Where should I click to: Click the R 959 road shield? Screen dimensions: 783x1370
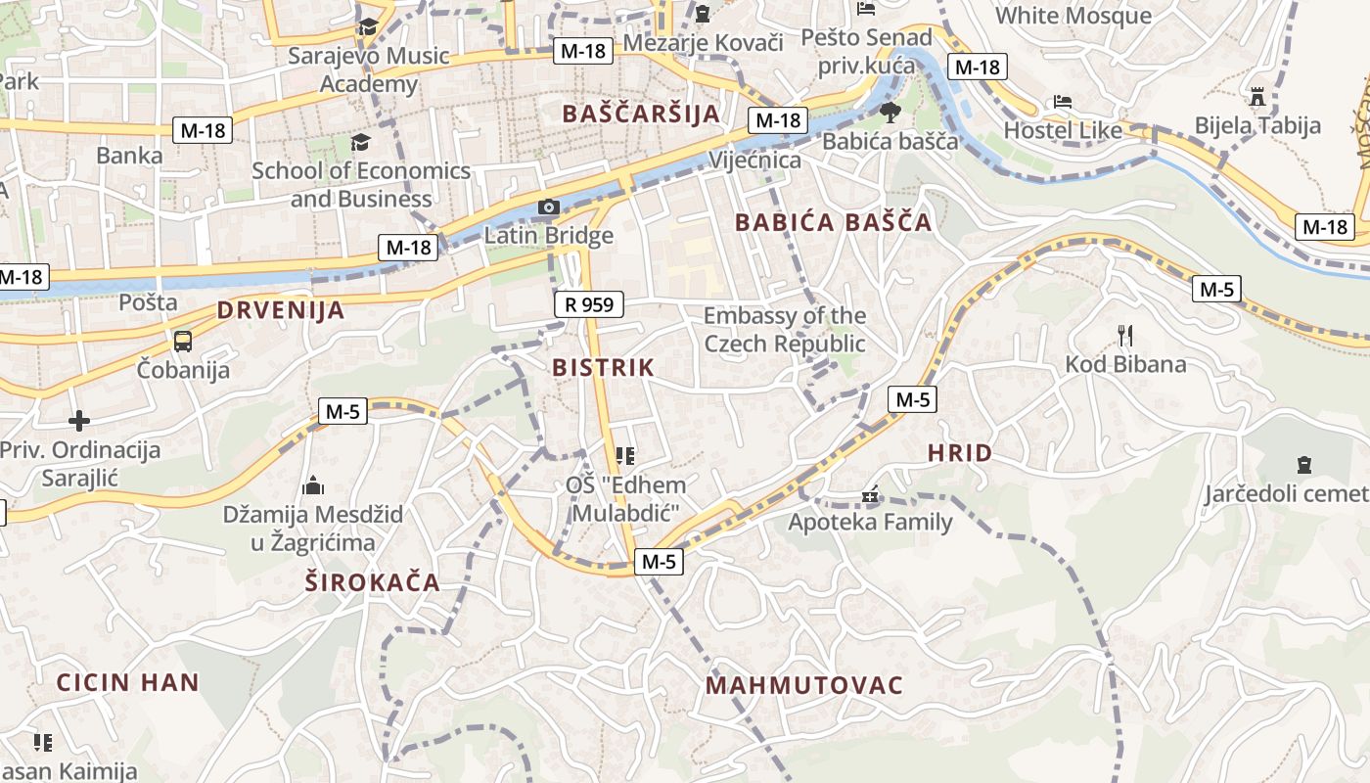click(589, 304)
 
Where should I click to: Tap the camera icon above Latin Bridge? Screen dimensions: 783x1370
click(548, 207)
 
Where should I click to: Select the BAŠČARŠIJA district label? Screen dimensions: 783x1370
click(641, 114)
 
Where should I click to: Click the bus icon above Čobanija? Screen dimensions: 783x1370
click(183, 342)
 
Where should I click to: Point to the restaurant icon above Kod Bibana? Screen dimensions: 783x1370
click(1125, 336)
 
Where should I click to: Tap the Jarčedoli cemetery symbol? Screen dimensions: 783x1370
click(1303, 464)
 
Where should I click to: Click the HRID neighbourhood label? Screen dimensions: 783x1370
click(959, 453)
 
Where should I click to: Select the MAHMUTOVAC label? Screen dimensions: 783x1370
click(804, 685)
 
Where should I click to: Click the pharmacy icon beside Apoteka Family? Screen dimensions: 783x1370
click(870, 496)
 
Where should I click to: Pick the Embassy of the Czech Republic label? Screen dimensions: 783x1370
click(785, 330)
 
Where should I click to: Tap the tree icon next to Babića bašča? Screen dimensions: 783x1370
click(890, 112)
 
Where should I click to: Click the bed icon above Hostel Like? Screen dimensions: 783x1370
click(1063, 102)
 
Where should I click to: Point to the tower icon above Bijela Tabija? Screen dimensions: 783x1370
click(1257, 96)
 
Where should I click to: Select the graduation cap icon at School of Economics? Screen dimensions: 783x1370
click(360, 143)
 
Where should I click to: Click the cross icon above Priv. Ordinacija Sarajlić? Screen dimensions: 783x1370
click(79, 421)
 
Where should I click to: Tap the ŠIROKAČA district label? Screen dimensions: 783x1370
click(372, 583)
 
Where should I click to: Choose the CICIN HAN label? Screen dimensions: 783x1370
click(127, 682)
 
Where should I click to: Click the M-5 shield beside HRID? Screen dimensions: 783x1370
click(912, 399)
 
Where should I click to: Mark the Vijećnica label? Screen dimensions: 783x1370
click(754, 160)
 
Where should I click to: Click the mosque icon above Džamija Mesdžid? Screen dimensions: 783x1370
click(313, 484)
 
